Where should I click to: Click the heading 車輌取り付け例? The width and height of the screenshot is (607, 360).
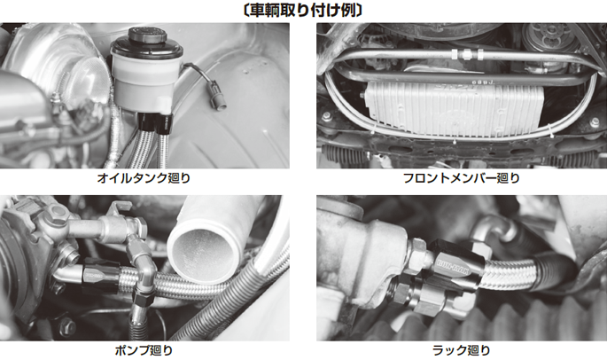[303, 10]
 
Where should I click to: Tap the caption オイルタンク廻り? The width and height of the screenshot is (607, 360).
[144, 178]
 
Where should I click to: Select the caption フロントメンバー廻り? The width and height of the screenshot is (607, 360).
[461, 178]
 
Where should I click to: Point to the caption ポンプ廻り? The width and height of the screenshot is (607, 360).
[144, 350]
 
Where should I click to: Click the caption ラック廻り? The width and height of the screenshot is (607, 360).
[461, 350]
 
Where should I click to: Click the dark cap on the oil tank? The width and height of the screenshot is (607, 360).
[147, 36]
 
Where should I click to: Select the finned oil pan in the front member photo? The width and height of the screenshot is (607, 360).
[454, 109]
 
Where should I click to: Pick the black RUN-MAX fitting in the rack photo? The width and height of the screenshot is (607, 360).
[455, 265]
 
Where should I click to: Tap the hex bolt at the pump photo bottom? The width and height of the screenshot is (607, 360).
[67, 326]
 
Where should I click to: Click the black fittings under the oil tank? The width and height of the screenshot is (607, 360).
[155, 121]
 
